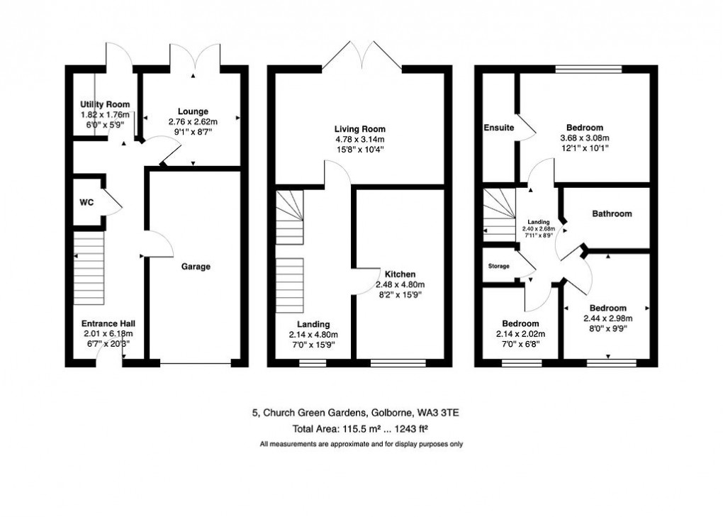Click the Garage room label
196,267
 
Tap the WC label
86,202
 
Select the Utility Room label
105,104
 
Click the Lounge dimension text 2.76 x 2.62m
193,121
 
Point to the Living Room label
360,129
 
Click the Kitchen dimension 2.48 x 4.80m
400,284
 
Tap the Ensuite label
499,128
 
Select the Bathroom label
612,213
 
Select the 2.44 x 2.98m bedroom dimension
607,318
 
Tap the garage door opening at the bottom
196,364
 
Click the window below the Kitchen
398,364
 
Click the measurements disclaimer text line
361,444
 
